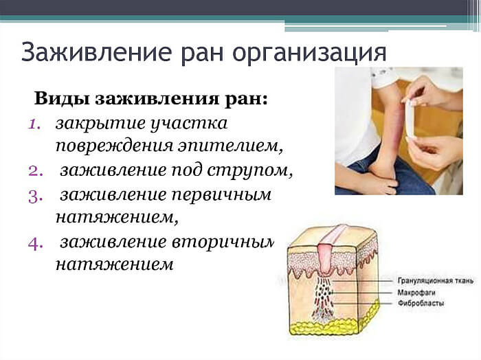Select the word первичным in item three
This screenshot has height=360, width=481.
[230, 195]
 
